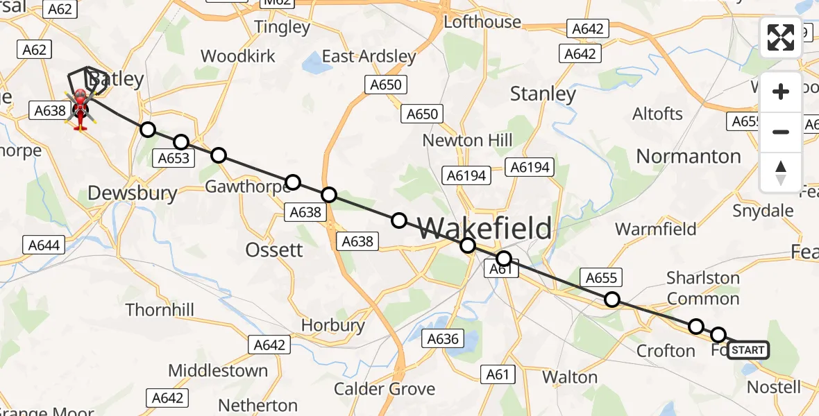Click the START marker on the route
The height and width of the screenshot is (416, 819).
(748, 350)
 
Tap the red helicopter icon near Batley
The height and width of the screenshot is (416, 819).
(80, 110)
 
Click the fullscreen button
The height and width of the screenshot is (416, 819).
(781, 37)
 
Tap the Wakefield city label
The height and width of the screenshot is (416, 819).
(486, 227)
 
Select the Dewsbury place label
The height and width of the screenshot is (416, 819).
(133, 193)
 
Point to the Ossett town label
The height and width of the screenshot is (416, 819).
(274, 250)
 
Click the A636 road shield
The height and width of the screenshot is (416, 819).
(443, 339)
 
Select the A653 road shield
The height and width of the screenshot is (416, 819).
(174, 158)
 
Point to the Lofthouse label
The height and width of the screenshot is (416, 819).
(482, 21)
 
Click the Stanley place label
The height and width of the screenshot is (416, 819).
(543, 94)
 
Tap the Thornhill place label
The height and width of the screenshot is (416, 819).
(160, 310)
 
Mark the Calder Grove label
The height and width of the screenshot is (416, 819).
(385, 388)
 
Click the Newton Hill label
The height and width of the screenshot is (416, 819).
(468, 140)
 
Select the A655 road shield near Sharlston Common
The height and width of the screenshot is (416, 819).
(601, 278)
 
